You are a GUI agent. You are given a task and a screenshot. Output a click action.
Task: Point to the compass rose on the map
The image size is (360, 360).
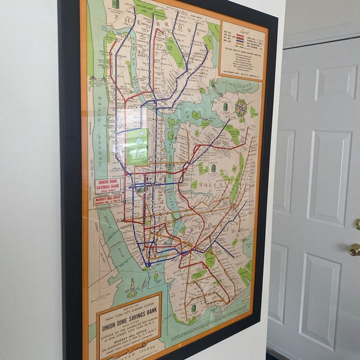pyautogui.click(x=241, y=109)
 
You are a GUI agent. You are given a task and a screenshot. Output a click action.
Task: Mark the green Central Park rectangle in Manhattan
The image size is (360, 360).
pyautogui.click(x=137, y=146)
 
